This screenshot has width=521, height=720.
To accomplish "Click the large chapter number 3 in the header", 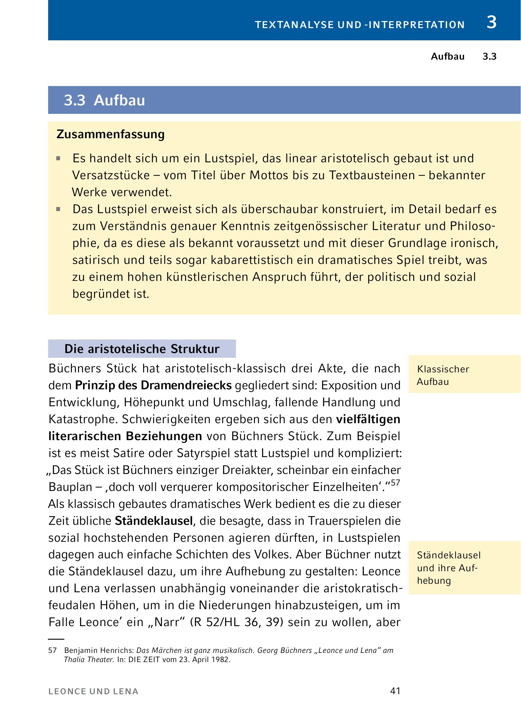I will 491,22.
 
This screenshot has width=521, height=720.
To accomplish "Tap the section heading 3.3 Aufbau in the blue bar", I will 104,100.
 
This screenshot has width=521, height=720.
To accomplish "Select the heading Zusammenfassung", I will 111,134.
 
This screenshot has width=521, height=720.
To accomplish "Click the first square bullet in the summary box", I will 58,158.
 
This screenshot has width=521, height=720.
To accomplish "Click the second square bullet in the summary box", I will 58,209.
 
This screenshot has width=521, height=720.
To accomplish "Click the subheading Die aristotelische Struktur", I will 142,349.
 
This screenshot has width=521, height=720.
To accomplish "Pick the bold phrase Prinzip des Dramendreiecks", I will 153,385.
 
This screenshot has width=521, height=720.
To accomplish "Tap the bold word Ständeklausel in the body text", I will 154,521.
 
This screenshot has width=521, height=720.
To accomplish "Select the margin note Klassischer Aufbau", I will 443,375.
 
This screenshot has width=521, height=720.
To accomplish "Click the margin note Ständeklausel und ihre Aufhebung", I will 448,568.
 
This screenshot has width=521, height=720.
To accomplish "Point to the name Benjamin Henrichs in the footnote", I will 99,650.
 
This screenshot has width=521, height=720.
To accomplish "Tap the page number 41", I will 395,691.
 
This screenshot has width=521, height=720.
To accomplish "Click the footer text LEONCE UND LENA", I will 94,692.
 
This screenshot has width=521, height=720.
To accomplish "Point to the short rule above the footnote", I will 56,639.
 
